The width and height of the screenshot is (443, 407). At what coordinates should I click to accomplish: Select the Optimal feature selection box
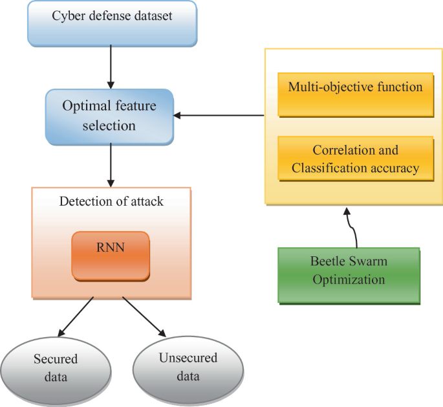[x=110, y=116]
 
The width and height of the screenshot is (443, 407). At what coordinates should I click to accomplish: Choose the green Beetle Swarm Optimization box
[x=349, y=271]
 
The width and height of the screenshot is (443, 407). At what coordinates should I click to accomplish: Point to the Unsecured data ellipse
[x=188, y=368]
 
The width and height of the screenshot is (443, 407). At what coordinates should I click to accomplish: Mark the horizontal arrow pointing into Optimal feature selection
[x=220, y=116]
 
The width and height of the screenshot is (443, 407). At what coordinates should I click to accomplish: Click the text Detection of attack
[x=111, y=201]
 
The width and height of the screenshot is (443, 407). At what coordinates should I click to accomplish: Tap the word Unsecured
[x=188, y=358]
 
